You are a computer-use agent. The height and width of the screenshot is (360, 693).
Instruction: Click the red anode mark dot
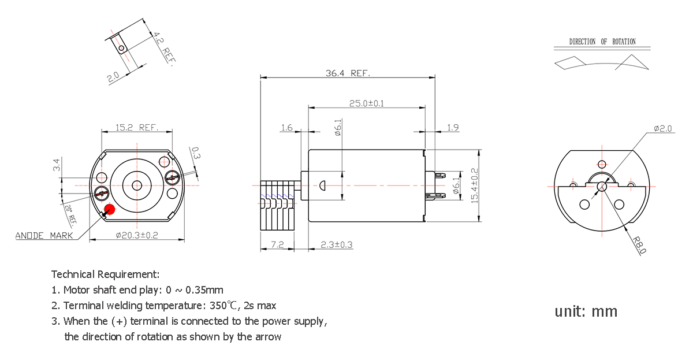click(109, 209)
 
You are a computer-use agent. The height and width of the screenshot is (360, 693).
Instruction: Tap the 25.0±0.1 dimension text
click(367, 103)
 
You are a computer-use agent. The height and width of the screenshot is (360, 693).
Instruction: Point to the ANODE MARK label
click(44, 236)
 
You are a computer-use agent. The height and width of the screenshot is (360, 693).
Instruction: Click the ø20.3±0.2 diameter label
click(137, 236)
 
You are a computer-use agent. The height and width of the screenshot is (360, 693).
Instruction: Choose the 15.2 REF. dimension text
click(137, 127)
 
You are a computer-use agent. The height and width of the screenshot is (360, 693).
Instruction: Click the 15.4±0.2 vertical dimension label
click(474, 185)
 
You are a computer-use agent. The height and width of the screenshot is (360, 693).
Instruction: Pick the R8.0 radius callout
click(639, 245)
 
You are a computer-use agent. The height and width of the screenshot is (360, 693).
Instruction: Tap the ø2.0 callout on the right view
click(662, 129)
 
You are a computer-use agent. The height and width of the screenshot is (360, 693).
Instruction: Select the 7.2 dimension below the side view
click(277, 245)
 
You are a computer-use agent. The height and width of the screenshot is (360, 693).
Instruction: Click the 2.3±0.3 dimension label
click(337, 245)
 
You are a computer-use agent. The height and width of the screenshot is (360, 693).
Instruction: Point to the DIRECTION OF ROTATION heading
click(602, 42)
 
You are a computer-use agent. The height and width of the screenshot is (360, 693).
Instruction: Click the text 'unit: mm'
click(586, 311)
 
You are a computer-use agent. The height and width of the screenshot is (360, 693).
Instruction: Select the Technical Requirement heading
click(105, 274)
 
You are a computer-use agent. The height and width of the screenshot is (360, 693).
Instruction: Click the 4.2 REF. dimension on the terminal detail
click(162, 49)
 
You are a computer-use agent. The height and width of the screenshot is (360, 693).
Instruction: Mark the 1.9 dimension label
click(453, 128)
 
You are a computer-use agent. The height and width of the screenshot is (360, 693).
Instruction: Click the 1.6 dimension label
click(287, 128)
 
